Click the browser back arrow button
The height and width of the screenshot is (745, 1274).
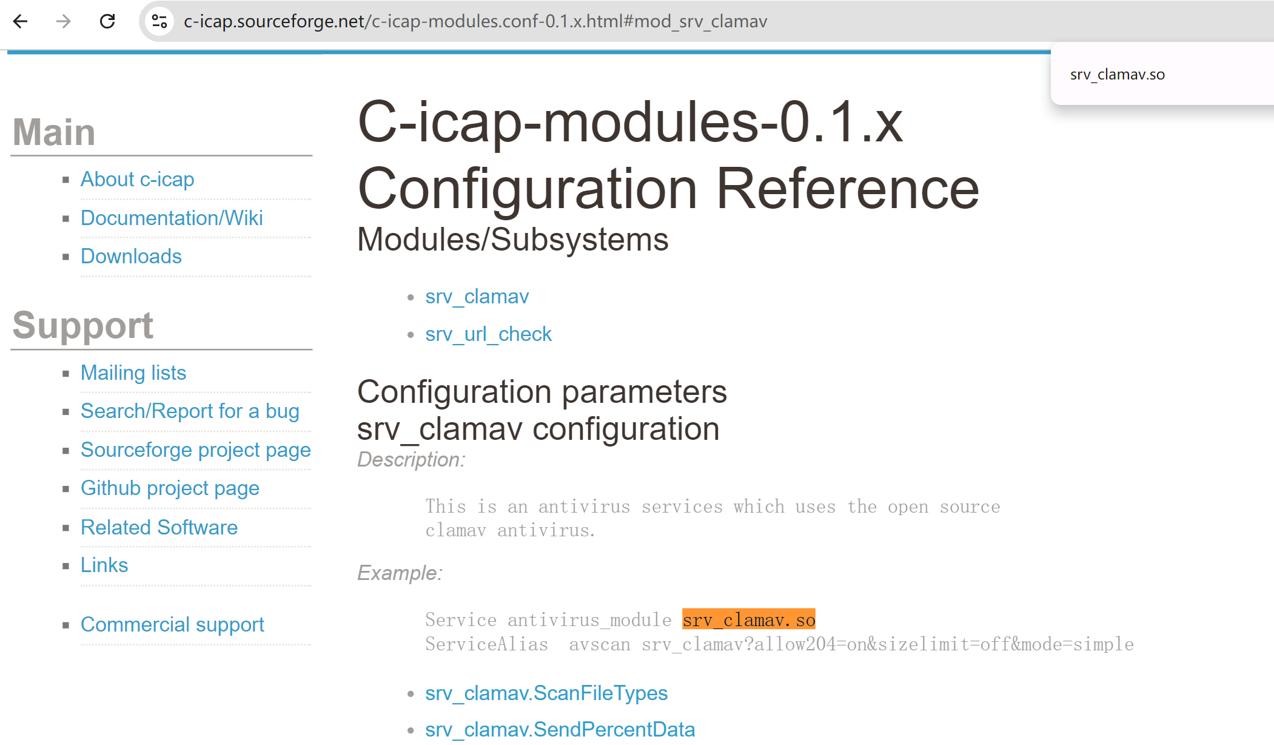(21, 22)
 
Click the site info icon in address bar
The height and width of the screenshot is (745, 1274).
(159, 22)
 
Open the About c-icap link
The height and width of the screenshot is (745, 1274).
(138, 180)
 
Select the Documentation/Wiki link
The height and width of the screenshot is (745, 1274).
(172, 218)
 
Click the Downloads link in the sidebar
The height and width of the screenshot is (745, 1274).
(131, 256)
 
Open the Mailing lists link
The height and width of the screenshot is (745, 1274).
(133, 373)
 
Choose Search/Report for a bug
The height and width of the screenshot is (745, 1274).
(190, 411)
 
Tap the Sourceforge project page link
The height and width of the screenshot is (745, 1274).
(196, 450)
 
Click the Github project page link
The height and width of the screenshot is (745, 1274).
(170, 488)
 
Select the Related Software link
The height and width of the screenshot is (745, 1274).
(159, 527)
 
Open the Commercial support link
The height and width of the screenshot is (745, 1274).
(172, 624)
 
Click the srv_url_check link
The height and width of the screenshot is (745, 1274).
(489, 334)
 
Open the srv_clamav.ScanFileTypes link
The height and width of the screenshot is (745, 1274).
(546, 693)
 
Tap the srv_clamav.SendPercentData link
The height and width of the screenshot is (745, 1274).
(560, 730)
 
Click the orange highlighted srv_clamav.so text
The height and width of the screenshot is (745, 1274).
(749, 619)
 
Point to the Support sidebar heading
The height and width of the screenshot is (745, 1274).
(83, 325)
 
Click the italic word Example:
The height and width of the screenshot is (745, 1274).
(400, 573)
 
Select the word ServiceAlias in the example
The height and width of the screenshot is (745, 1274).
(486, 644)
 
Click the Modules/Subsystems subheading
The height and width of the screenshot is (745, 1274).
(513, 239)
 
